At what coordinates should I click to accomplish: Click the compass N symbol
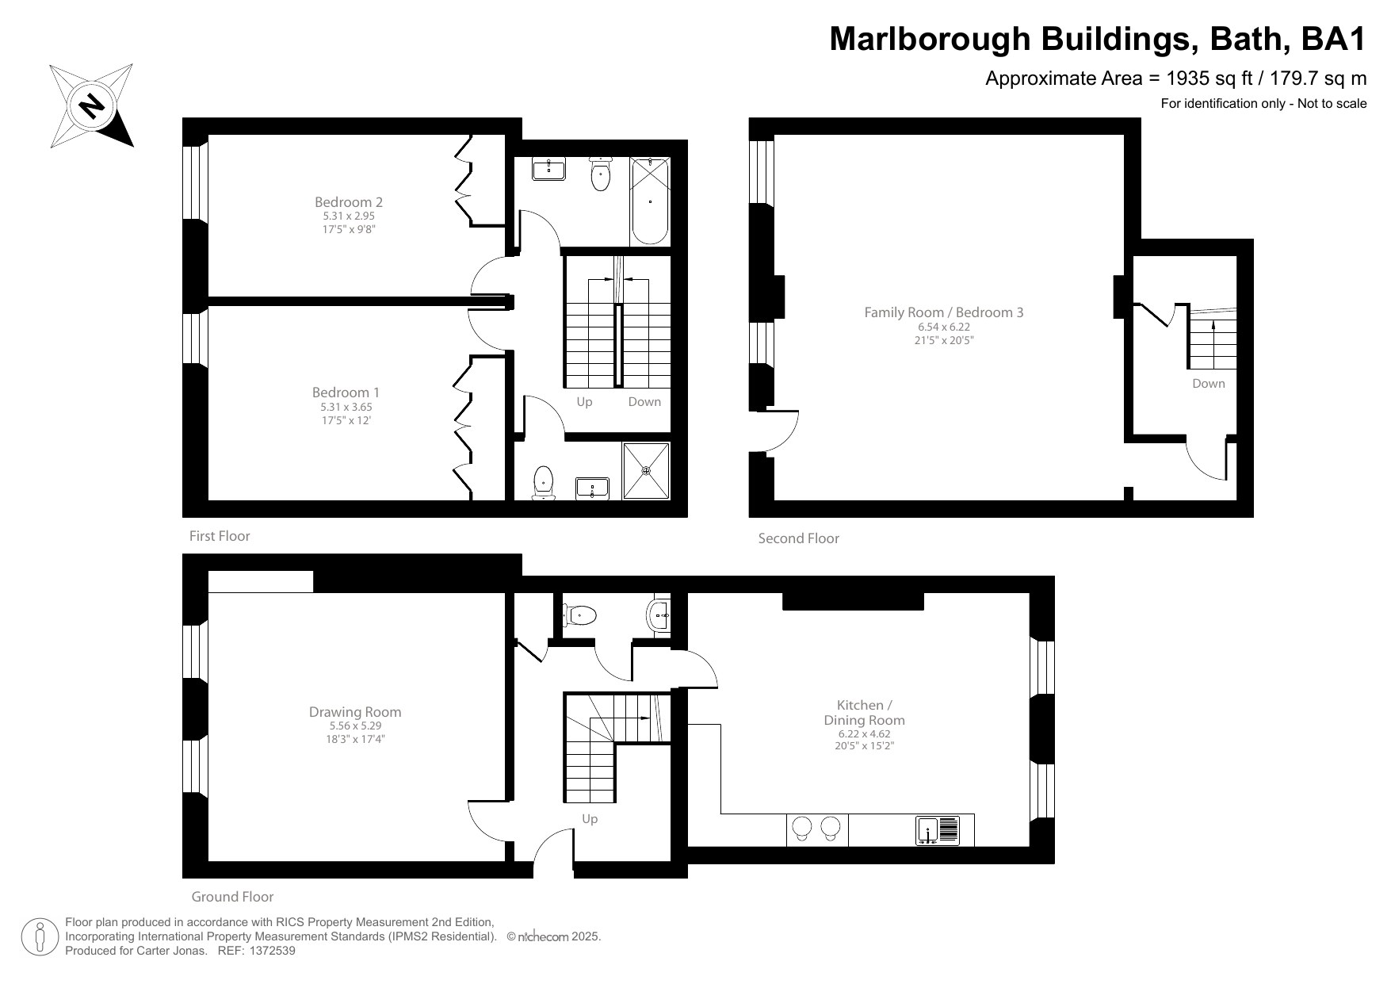(92, 105)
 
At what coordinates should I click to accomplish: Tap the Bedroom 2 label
(348, 202)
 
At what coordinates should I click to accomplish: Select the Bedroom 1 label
(346, 392)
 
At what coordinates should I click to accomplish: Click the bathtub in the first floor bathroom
(650, 201)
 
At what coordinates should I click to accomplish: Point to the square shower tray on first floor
(646, 470)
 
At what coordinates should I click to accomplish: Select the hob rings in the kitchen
(816, 828)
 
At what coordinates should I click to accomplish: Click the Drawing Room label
(355, 712)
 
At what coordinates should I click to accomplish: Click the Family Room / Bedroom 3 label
(943, 312)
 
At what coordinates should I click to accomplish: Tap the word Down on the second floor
(1208, 384)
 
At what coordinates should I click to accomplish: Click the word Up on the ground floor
(590, 819)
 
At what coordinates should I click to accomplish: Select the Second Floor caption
(798, 538)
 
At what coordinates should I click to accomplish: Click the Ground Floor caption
(232, 897)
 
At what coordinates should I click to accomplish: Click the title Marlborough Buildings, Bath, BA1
(1097, 39)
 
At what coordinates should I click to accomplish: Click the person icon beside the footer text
(40, 936)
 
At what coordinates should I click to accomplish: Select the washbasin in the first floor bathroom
(548, 169)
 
